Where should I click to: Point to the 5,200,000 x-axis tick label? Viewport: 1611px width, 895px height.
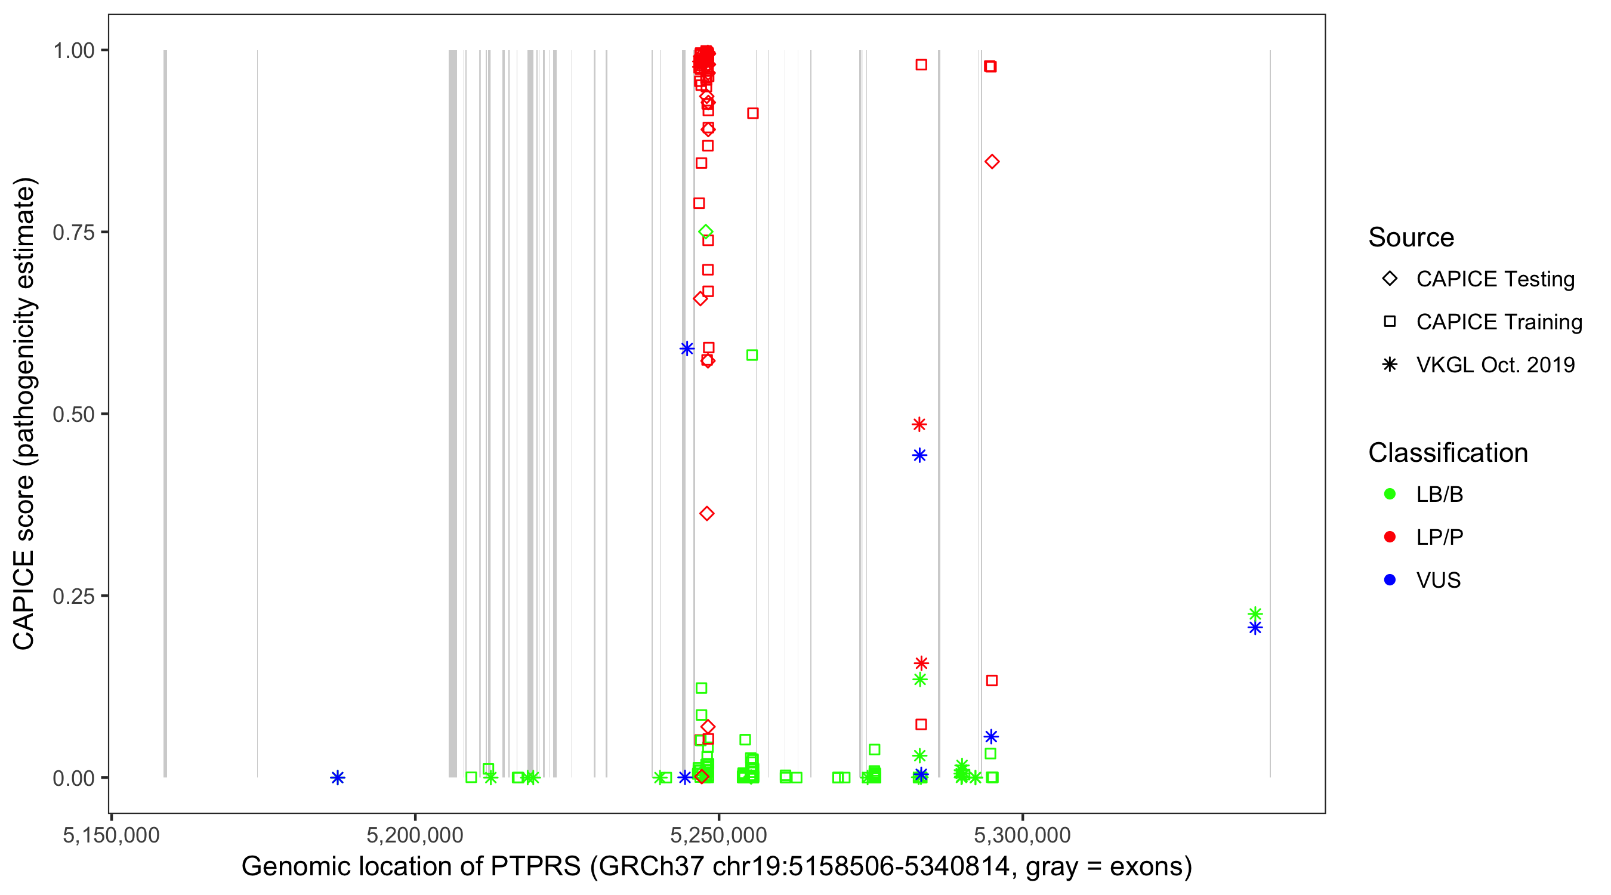(415, 835)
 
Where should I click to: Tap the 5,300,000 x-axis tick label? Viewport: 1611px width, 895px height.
(1023, 835)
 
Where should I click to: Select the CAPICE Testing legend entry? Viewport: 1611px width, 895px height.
(1495, 279)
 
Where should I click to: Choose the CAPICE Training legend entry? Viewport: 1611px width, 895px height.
(1498, 322)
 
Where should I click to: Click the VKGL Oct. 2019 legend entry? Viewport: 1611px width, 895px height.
(1495, 365)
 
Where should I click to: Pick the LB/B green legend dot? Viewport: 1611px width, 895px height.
(1390, 494)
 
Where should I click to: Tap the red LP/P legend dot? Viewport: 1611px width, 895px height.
(1390, 537)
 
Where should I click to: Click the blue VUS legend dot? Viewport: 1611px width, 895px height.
(1390, 581)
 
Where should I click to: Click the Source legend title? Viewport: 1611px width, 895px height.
(1411, 237)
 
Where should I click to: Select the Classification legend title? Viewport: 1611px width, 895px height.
(1448, 453)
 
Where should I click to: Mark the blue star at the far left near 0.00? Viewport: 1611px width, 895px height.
(338, 777)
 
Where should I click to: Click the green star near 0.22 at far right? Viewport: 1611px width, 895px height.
(1255, 613)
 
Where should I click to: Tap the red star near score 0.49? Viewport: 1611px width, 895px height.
(919, 425)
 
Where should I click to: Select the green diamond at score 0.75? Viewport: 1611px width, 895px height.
(705, 232)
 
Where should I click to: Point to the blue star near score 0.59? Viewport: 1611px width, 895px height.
(687, 348)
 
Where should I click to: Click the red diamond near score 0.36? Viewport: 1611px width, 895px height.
(706, 514)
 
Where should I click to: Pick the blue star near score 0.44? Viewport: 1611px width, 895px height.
(919, 455)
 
